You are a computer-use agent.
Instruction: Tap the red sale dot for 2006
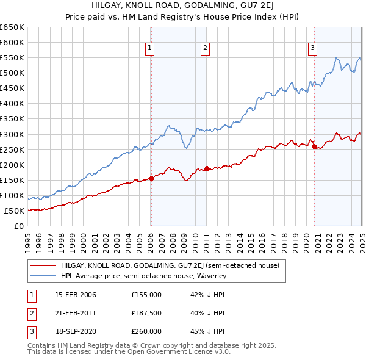[x=151, y=178]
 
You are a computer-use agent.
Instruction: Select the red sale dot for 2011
[x=207, y=168]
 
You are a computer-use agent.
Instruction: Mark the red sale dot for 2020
[x=314, y=146]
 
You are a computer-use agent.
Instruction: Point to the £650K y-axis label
[x=12, y=27]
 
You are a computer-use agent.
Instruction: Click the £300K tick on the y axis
[x=12, y=134]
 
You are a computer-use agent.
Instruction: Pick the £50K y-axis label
[x=15, y=211]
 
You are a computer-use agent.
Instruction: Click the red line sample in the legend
[x=42, y=265]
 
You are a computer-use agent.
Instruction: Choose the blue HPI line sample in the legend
[x=42, y=276]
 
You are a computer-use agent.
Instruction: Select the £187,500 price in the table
[x=146, y=313]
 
